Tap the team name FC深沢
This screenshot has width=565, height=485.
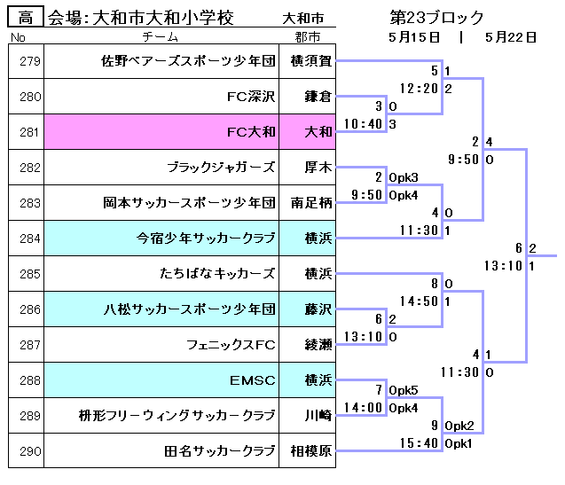(x=252, y=97)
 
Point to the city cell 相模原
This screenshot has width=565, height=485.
(x=312, y=451)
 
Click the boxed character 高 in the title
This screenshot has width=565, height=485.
(x=27, y=17)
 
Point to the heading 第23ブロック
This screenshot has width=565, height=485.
(x=437, y=17)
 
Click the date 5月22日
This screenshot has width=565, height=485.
(x=512, y=37)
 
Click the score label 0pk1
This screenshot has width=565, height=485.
(x=459, y=443)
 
